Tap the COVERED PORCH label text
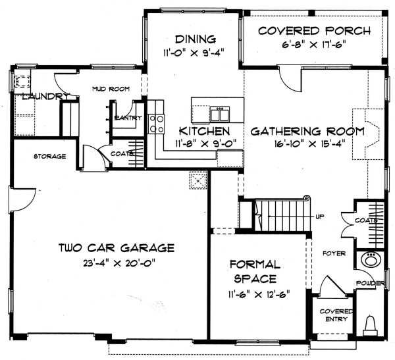click(314, 31)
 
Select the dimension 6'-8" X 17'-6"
click(313, 45)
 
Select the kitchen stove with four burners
click(157, 124)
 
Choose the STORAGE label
click(49, 156)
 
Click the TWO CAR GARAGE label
click(116, 248)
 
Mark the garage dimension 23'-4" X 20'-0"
click(116, 262)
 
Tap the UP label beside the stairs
click(320, 217)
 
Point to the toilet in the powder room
click(371, 324)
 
